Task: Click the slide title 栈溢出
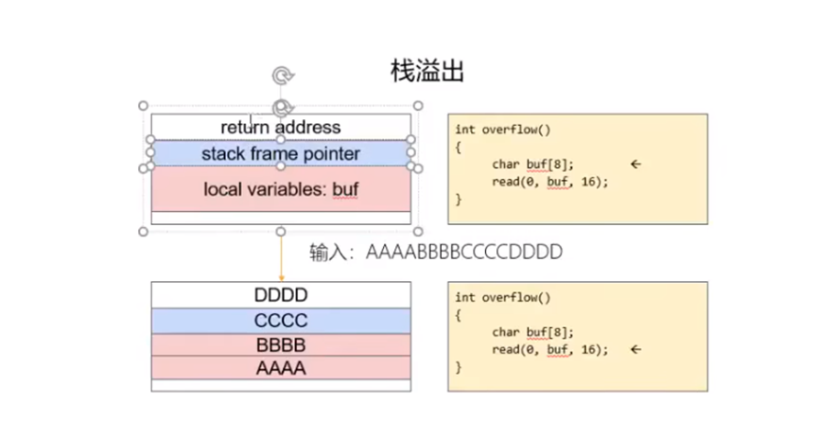click(x=426, y=70)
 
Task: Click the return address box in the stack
click(x=281, y=127)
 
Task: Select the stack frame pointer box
click(x=281, y=152)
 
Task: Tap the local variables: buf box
click(x=281, y=189)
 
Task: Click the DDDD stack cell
click(x=281, y=295)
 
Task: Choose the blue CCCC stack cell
click(x=281, y=321)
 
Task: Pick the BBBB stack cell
click(x=281, y=344)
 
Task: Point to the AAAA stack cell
click(x=281, y=368)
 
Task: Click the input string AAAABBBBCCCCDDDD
click(x=464, y=253)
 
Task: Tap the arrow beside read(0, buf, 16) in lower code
click(x=635, y=349)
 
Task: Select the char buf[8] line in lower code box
click(x=532, y=332)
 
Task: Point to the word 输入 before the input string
click(x=323, y=253)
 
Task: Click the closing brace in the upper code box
click(x=459, y=200)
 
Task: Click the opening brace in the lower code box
click(x=459, y=315)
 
